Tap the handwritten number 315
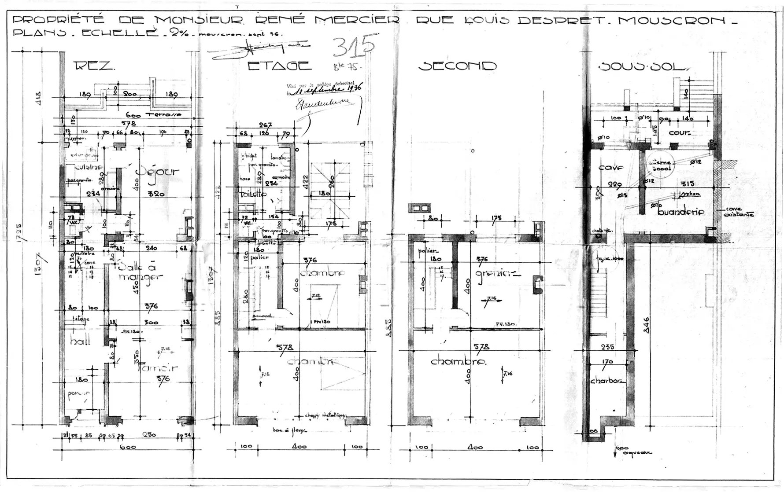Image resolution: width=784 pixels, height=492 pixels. (x=354, y=47)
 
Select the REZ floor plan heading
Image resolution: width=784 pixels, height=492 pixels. (x=94, y=66)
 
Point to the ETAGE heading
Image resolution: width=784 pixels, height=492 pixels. (x=279, y=66)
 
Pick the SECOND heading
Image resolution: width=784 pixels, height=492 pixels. (x=457, y=66)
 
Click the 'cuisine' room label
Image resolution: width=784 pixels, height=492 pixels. (x=88, y=167)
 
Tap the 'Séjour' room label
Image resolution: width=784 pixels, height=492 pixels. (x=157, y=171)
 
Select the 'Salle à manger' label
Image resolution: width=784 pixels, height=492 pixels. (x=140, y=272)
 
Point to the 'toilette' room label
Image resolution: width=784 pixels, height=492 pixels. (x=253, y=194)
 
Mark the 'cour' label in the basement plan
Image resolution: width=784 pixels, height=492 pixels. (x=679, y=133)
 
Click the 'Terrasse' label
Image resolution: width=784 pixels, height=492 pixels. (x=166, y=114)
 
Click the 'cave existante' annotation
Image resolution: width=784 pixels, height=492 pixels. (x=738, y=212)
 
